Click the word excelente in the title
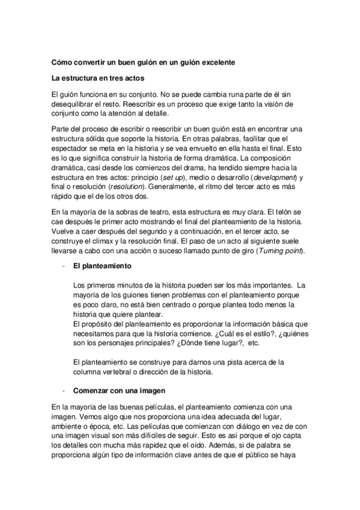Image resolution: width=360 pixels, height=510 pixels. [213, 62]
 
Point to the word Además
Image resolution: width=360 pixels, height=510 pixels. [231, 446]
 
